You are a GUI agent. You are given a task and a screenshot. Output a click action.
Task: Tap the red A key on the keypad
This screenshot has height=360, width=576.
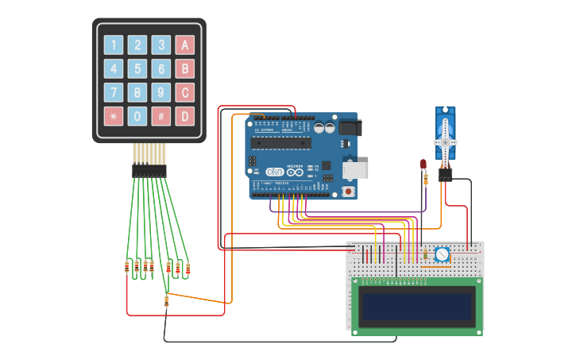pos(184,45)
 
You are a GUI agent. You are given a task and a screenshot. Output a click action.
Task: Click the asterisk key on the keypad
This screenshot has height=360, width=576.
pos(114,116)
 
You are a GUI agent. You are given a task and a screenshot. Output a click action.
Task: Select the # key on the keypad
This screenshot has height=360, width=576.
pos(161,116)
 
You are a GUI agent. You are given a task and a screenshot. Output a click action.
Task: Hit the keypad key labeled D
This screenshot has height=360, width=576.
pos(184,116)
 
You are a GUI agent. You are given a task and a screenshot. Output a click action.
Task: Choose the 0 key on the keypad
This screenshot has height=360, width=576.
pos(137,116)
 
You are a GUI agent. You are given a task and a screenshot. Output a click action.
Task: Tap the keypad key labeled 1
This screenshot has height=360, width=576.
pos(114,45)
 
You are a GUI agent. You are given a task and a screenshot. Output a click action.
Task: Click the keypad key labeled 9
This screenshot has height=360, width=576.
pos(161,92)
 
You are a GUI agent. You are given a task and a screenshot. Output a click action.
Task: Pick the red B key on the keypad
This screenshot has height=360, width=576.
pos(184,69)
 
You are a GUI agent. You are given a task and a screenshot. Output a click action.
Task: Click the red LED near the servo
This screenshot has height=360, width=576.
pos(423,165)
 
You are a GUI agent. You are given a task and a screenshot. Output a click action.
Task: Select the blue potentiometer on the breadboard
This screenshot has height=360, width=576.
pos(442,255)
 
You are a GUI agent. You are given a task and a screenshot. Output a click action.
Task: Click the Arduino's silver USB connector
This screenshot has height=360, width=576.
pos(356,169)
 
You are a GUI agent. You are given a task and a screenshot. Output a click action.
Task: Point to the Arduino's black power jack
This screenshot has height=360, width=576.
pos(350,127)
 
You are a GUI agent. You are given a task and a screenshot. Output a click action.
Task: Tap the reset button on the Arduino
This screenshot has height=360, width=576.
pos(348,192)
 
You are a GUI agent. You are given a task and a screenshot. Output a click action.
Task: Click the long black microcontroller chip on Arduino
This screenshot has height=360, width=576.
pos(280,142)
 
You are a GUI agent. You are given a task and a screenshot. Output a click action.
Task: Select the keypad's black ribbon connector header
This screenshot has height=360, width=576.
pos(149,170)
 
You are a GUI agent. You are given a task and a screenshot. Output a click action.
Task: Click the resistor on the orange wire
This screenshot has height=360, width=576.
pos(166,300)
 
